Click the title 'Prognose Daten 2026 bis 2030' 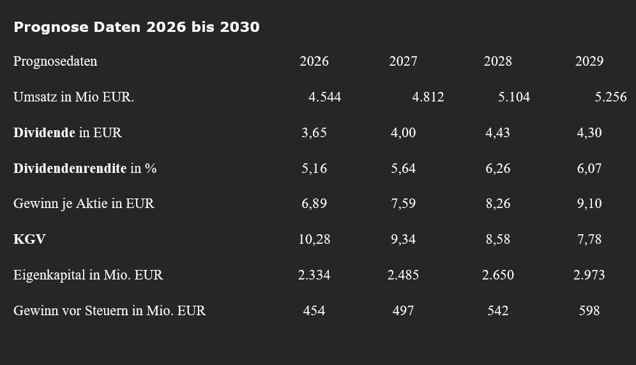136,27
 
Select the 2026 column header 314,61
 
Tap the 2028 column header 497,61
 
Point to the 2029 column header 589,61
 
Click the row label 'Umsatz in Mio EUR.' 73,97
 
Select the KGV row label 29,239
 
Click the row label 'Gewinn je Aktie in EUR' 84,204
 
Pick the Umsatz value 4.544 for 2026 325,97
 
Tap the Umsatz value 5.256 611,97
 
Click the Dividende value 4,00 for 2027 403,133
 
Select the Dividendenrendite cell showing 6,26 498,168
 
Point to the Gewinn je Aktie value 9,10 589,204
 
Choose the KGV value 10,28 314,239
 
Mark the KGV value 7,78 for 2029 589,239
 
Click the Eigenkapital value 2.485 403,275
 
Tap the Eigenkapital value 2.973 589,275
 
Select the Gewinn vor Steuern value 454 314,311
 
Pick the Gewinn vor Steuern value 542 497,311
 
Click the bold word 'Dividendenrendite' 70,168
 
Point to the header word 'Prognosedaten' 55,62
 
